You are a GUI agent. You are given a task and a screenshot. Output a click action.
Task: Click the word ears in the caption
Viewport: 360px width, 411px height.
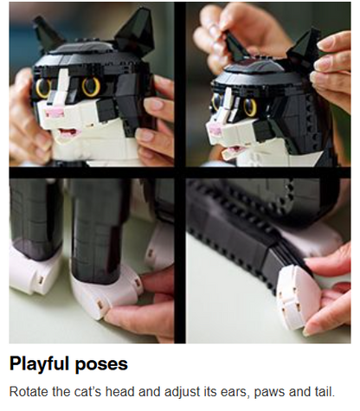click(x=234, y=393)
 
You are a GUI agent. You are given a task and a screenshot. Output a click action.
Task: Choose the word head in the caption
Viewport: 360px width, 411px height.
click(x=120, y=392)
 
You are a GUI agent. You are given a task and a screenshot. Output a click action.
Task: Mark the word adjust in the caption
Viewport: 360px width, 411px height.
click(x=182, y=393)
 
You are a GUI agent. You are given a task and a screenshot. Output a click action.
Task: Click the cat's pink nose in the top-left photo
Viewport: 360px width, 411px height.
click(x=54, y=114)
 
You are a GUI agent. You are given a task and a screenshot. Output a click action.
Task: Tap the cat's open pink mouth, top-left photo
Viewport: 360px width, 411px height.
click(x=67, y=133)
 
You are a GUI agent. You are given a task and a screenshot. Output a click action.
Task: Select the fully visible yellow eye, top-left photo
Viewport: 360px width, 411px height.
click(x=91, y=87)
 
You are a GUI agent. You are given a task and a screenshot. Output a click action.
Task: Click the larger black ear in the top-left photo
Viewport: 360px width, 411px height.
click(x=135, y=31)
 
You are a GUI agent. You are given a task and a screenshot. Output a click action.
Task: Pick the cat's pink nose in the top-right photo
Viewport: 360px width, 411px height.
click(x=215, y=130)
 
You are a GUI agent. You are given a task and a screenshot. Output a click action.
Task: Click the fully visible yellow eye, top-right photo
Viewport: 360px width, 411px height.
click(x=250, y=107)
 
